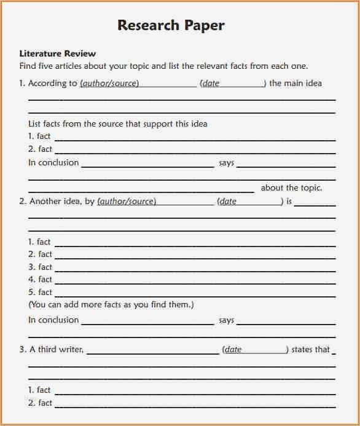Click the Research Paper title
tap(171, 25)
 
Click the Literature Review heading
tap(58, 53)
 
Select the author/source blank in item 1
tap(138, 84)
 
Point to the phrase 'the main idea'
tap(295, 83)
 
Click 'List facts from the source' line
tap(118, 124)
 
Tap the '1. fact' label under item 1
tap(39, 136)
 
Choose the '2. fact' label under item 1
tap(39, 149)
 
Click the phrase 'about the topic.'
tap(291, 188)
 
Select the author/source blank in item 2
tap(155, 201)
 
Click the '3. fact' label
tap(39, 267)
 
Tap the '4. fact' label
tap(39, 280)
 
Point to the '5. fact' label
tap(39, 292)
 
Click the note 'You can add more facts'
tap(111, 304)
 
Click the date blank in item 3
tap(256, 349)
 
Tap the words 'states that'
tap(311, 349)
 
